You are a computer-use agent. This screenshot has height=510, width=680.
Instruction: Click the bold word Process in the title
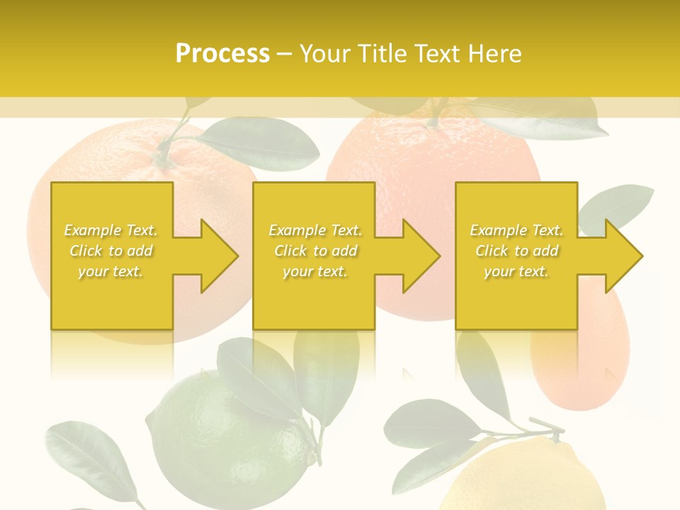click(x=222, y=54)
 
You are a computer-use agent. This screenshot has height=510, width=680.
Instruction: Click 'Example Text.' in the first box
click(x=110, y=230)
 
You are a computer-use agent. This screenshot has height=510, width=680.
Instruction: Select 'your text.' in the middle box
click(x=314, y=271)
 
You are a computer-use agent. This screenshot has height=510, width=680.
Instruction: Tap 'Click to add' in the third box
click(x=516, y=251)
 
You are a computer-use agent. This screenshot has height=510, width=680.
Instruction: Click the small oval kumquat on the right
click(x=581, y=354)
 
